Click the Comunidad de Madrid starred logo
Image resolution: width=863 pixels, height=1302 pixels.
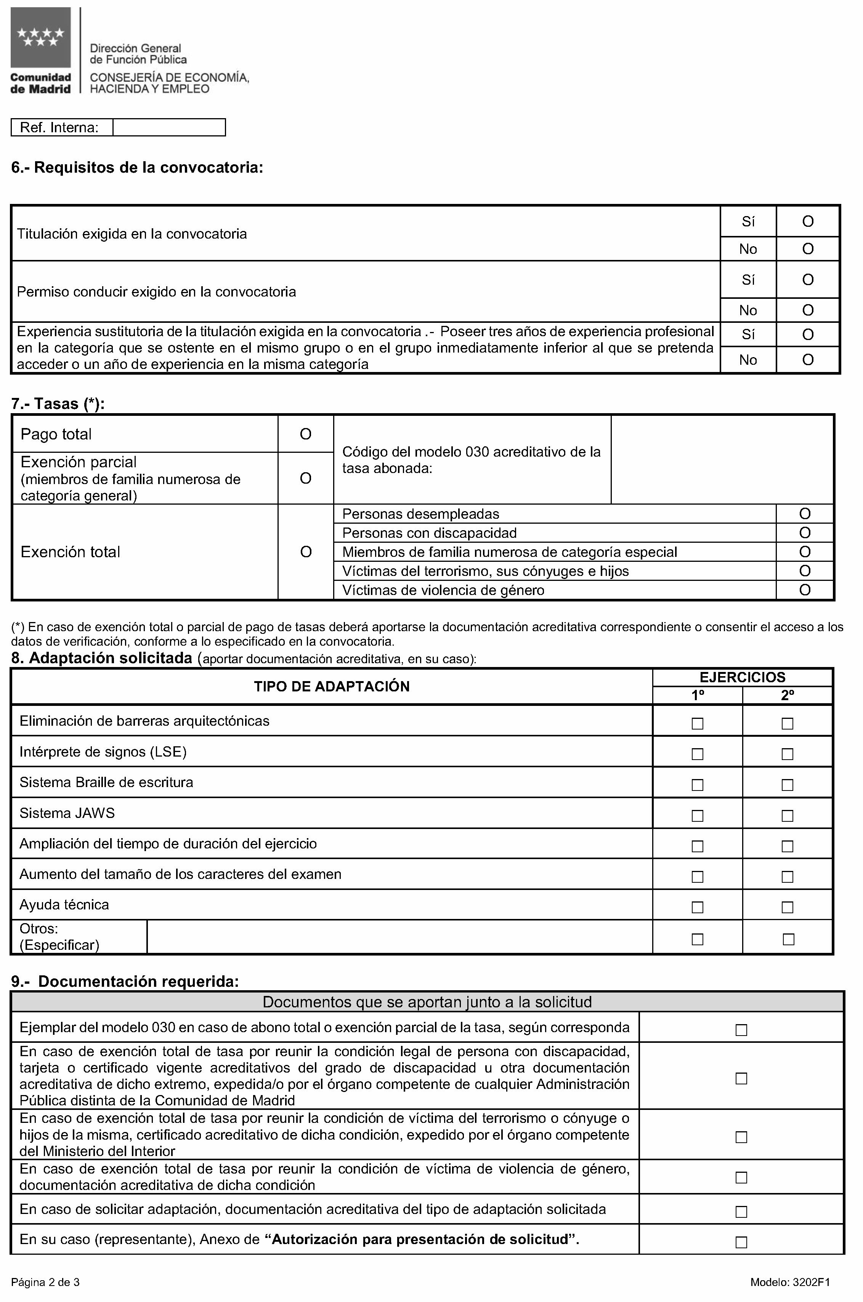click(x=40, y=37)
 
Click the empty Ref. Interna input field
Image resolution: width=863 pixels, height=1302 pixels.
click(x=169, y=128)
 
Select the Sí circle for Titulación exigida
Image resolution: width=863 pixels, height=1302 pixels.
click(x=807, y=221)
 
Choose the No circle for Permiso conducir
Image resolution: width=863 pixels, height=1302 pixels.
click(x=807, y=310)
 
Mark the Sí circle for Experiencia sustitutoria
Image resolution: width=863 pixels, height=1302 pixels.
click(x=807, y=335)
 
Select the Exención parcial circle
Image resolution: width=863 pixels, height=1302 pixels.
click(x=305, y=478)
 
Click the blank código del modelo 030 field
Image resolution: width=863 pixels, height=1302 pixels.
click(x=722, y=460)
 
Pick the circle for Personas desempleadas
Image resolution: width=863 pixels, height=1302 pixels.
click(x=805, y=514)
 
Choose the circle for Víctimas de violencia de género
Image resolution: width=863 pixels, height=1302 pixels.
click(x=805, y=590)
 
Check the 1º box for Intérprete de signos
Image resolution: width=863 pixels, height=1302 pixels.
click(x=697, y=754)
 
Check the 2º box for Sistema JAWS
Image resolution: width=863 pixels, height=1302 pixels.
click(x=788, y=816)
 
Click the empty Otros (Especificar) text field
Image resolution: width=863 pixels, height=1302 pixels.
click(x=399, y=937)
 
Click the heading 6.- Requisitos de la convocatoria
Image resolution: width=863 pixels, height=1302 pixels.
click(x=137, y=167)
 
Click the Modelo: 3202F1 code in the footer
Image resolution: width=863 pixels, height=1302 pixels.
click(x=790, y=1282)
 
